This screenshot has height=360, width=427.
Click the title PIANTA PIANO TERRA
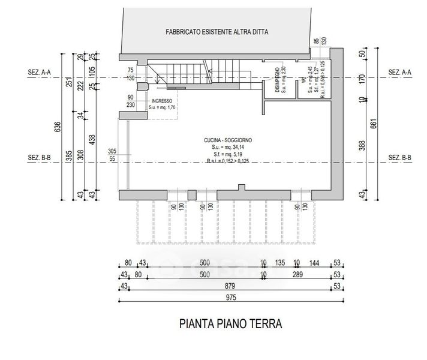click(230, 324)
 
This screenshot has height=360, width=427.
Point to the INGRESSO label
click(162, 101)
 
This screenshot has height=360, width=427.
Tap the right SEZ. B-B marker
click(399, 158)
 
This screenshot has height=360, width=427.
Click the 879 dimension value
click(230, 286)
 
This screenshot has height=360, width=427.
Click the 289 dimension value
click(296, 275)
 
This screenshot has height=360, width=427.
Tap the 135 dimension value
click(279, 263)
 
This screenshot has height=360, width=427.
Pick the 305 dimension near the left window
click(112, 151)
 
